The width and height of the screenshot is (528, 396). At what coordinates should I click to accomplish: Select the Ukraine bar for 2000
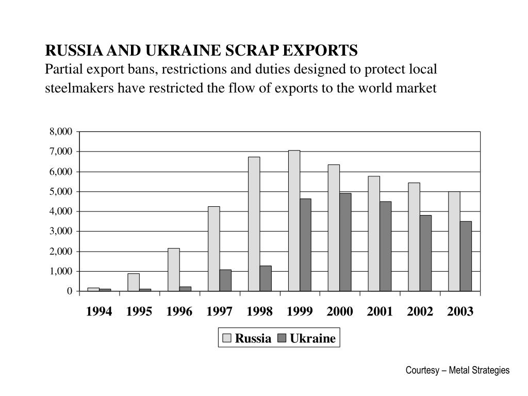[x=345, y=242]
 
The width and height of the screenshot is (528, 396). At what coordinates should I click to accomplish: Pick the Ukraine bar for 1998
[x=266, y=278]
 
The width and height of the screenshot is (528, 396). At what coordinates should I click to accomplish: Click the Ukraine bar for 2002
[x=425, y=253]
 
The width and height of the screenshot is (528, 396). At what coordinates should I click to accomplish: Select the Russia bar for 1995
[x=134, y=282]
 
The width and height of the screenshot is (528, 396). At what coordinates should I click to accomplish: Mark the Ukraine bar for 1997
[x=225, y=280]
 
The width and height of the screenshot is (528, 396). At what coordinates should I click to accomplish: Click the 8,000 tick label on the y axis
[x=61, y=131]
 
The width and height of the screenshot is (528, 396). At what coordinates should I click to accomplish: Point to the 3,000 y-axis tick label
[x=61, y=232]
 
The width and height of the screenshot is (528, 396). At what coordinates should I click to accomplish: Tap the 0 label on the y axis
[x=70, y=291]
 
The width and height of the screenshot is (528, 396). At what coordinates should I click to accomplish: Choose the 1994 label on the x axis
[x=99, y=312]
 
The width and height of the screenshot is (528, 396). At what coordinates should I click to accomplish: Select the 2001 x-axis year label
[x=380, y=312]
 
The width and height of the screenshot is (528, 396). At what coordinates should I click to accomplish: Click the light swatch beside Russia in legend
[x=227, y=339]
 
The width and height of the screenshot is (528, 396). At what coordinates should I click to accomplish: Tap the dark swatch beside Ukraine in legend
[x=282, y=339]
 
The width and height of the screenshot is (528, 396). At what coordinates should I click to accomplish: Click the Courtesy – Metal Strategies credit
[x=457, y=370]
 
